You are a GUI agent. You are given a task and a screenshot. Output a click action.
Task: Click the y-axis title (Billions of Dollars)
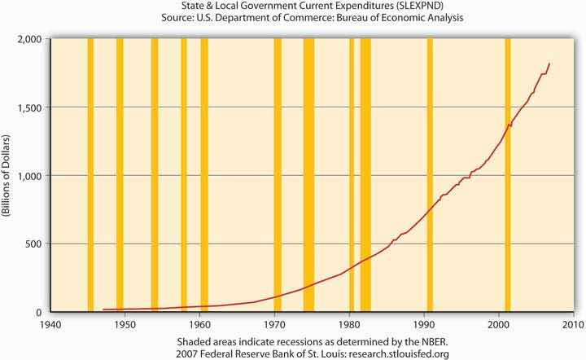[x=7, y=176]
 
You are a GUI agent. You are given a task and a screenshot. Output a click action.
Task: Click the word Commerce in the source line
[x=298, y=20]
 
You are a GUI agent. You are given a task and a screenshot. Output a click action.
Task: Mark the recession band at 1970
[x=278, y=175]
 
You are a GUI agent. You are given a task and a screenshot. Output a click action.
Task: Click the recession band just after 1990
[x=430, y=175]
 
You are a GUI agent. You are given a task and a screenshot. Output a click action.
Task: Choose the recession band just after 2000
[x=508, y=175]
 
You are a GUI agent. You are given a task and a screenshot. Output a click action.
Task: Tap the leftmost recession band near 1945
[x=90, y=175]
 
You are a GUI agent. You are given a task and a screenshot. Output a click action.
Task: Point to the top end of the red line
[x=549, y=64]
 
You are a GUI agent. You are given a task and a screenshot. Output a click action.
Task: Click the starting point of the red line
[x=103, y=310]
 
